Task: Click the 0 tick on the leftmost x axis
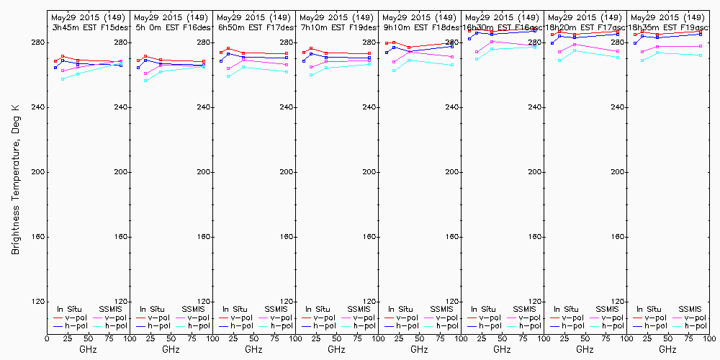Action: [47, 337]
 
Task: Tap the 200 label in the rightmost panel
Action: [701, 172]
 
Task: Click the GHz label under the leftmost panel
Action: [88, 349]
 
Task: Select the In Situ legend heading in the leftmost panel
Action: [65, 309]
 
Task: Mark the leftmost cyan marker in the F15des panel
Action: [63, 78]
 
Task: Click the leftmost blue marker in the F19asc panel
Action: [635, 43]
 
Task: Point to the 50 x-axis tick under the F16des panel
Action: [171, 337]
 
